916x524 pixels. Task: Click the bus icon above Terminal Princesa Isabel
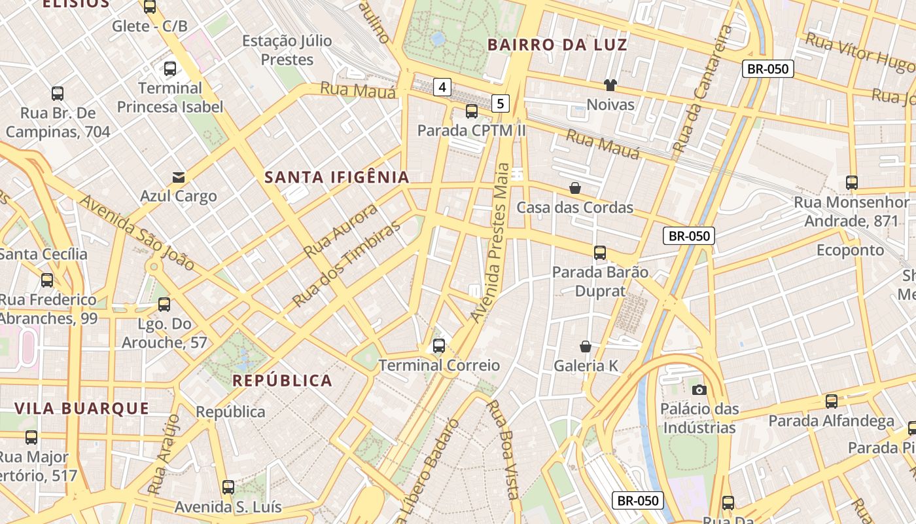click(x=170, y=68)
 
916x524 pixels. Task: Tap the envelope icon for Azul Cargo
click(x=178, y=177)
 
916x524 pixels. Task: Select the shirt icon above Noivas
click(x=610, y=84)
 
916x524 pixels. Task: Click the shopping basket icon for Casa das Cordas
click(x=575, y=188)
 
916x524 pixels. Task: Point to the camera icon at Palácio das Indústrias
click(x=699, y=390)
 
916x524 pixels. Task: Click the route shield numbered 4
click(x=443, y=86)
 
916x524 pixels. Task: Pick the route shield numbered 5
click(x=501, y=103)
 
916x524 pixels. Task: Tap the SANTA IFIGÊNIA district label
click(x=337, y=177)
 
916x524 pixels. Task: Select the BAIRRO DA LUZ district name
click(x=557, y=45)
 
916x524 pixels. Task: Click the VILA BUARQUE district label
click(x=82, y=409)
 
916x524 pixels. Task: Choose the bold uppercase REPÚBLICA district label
click(x=283, y=381)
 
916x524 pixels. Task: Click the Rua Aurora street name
click(x=340, y=230)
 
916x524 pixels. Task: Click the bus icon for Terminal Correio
click(x=439, y=345)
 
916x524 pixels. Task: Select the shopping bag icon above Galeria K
click(x=586, y=346)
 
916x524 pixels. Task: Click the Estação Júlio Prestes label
click(x=287, y=50)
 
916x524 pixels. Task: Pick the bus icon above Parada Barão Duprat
click(x=599, y=252)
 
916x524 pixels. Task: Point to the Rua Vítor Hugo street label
click(x=859, y=52)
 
